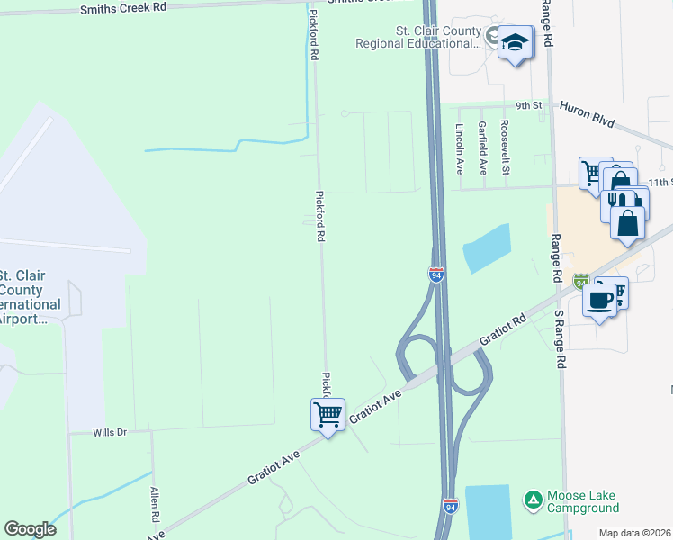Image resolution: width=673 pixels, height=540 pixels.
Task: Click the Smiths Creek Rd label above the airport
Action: click(x=123, y=7)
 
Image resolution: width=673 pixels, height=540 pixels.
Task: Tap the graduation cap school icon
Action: click(x=515, y=42)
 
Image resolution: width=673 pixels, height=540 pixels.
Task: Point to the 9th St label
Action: click(x=530, y=105)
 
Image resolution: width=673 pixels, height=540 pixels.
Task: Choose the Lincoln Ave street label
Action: click(x=459, y=148)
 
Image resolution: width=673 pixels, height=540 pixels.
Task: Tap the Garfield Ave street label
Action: click(x=483, y=148)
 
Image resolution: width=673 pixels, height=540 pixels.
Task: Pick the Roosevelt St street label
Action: click(x=506, y=148)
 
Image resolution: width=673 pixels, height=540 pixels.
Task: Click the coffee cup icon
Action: click(x=599, y=300)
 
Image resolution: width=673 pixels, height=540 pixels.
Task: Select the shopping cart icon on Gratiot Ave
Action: click(x=328, y=415)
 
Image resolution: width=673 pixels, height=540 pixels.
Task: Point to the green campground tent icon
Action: click(x=534, y=498)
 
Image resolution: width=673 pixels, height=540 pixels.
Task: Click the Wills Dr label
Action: click(x=111, y=433)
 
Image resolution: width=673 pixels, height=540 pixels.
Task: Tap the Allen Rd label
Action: click(x=155, y=506)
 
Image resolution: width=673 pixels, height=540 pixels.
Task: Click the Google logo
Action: click(x=31, y=529)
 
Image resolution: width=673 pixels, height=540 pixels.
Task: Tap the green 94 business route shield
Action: click(x=581, y=282)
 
